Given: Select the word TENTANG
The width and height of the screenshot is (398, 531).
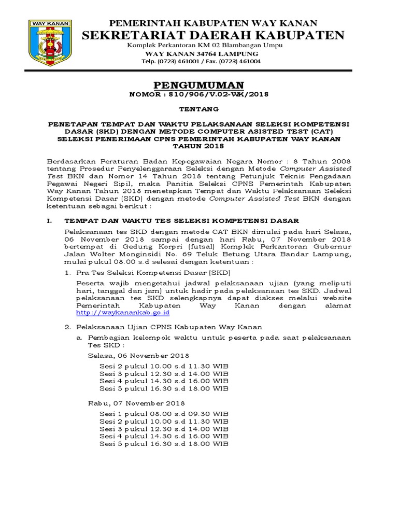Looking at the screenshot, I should (199, 109).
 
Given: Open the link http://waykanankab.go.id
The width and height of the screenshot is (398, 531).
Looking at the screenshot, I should (116, 313).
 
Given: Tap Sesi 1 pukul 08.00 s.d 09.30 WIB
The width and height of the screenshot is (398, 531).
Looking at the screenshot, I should (163, 413).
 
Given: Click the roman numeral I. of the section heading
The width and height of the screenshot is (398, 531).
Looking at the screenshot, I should (50, 221).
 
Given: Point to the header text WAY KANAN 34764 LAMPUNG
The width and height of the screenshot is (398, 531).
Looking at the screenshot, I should (201, 54).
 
